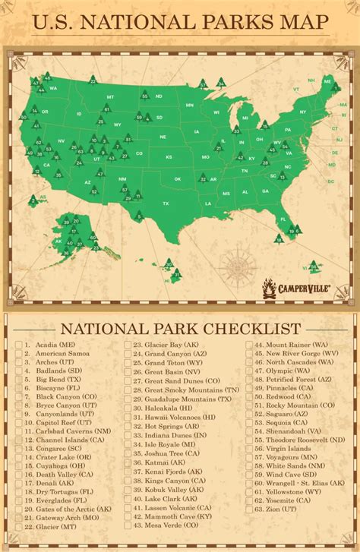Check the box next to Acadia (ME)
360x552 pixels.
pyautogui.click(x=18, y=345)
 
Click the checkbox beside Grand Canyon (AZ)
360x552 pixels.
pyautogui.click(x=128, y=354)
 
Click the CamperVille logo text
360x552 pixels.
pyautogui.click(x=301, y=289)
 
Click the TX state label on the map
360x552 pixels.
pyautogui.click(x=165, y=203)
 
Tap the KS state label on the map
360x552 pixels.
pyautogui.click(x=169, y=157)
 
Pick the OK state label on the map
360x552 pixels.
pyautogui.click(x=177, y=179)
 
